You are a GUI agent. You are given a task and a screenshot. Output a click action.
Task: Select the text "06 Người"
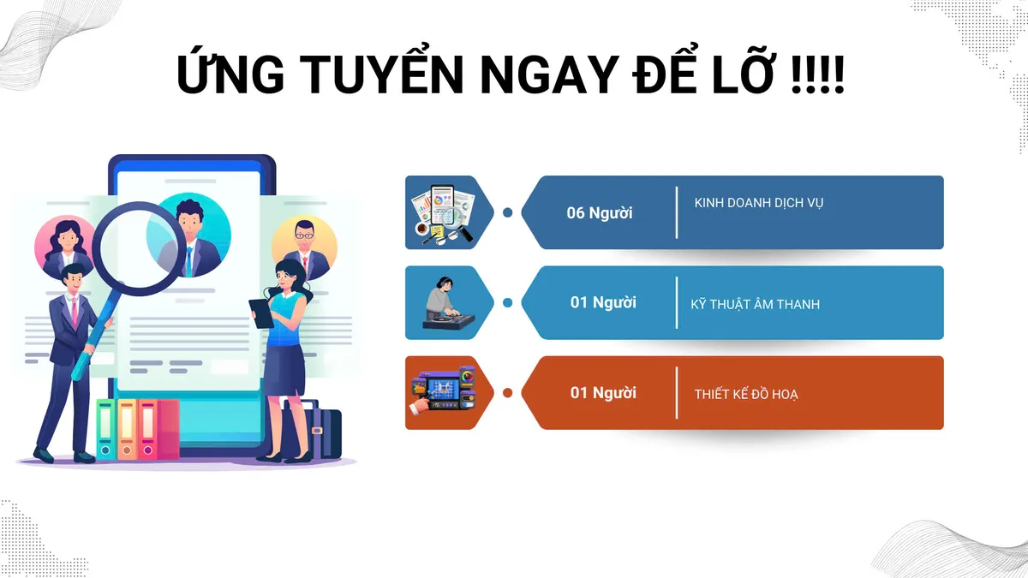tap(600, 213)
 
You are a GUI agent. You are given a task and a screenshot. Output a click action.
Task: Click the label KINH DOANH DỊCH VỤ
tap(759, 204)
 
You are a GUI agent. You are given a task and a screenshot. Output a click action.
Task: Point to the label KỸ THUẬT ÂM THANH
tap(755, 304)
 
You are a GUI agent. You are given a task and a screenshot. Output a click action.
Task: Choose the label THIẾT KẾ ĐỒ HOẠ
tap(746, 394)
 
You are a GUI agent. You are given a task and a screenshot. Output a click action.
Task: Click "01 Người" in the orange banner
tap(603, 393)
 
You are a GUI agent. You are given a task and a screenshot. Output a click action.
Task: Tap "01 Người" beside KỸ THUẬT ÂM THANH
tap(603, 302)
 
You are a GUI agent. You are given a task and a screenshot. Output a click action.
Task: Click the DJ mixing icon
tap(447, 303)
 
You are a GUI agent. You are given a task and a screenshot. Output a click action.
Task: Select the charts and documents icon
tap(444, 212)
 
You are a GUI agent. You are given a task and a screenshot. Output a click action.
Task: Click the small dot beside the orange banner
tap(507, 393)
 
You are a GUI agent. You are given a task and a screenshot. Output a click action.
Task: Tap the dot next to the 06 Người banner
tap(507, 212)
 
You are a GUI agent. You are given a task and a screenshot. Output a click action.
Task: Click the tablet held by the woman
tap(261, 313)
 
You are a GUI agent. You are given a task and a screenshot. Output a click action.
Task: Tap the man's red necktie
tap(75, 313)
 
